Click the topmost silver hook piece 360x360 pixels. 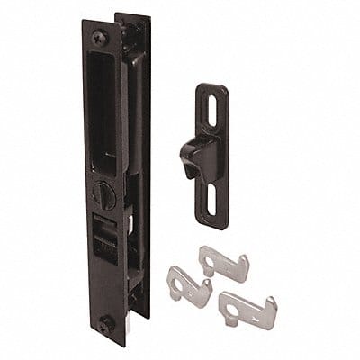click(225, 262)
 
